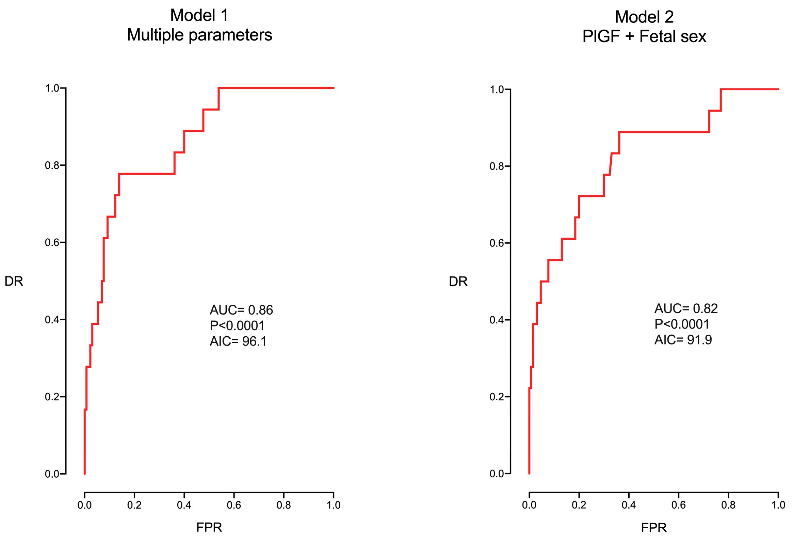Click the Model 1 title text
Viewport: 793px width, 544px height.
click(x=199, y=15)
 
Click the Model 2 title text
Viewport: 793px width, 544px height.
click(x=644, y=17)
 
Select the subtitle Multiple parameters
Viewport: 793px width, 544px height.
click(x=199, y=35)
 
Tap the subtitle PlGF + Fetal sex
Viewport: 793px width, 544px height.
click(x=644, y=36)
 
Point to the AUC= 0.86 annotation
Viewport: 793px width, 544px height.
click(x=241, y=310)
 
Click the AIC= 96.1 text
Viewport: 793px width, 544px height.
click(x=238, y=341)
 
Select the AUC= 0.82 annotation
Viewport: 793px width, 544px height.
click(x=686, y=308)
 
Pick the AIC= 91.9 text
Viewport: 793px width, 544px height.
click(x=683, y=340)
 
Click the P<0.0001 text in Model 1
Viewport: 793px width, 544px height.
click(x=237, y=325)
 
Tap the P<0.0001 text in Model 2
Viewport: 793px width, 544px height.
click(x=682, y=324)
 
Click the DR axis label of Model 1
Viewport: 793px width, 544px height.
click(x=14, y=281)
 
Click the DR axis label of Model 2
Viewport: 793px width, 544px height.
click(x=458, y=282)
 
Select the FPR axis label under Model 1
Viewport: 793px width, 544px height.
click(x=209, y=527)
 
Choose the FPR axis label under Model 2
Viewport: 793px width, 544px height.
click(x=653, y=528)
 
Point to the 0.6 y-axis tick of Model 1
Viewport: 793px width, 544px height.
click(x=52, y=243)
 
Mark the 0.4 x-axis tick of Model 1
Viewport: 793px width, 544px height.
click(x=184, y=505)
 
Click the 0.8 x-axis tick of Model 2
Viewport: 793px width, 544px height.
click(x=728, y=505)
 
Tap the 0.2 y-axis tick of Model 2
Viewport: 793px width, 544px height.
click(x=497, y=397)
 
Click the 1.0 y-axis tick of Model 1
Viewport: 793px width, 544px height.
click(x=52, y=89)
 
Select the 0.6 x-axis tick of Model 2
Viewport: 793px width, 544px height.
click(x=678, y=505)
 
